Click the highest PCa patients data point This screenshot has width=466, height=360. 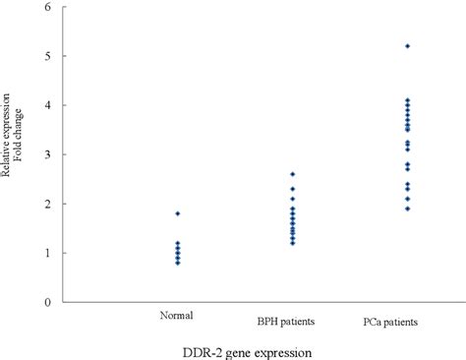coord(407,46)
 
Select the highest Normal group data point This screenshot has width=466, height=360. coord(177,213)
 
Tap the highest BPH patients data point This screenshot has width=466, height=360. coord(292,174)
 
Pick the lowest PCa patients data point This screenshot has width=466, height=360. coord(407,209)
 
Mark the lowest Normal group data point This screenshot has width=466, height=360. coord(177,263)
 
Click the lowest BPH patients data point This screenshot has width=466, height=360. coord(292,242)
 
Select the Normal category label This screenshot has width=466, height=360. coord(175,316)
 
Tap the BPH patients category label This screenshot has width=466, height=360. coord(286,321)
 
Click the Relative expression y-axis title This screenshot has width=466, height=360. coord(7,151)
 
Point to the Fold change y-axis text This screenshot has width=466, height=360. coord(19,151)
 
